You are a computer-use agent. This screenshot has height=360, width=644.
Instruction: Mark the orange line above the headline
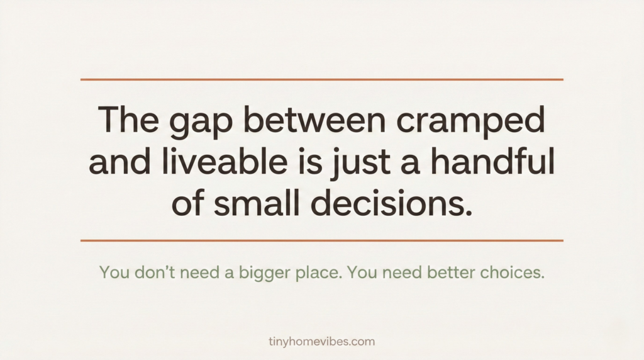pos(322,80)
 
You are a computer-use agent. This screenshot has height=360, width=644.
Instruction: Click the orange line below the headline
pos(322,240)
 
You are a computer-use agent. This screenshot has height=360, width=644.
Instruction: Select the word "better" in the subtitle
pos(452,274)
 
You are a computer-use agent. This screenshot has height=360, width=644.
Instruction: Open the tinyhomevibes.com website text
pos(321,342)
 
